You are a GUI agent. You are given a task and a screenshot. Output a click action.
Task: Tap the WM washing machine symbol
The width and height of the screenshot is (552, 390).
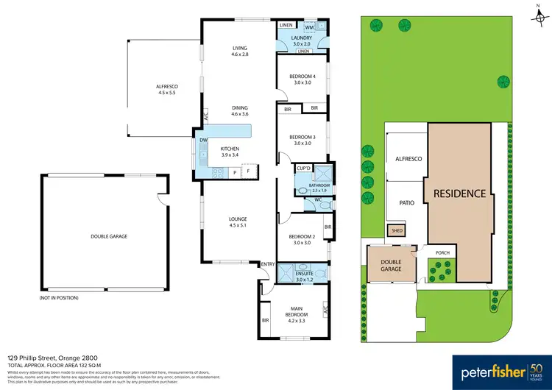309,26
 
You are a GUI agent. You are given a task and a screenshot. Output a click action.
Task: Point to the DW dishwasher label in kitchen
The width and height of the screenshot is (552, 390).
203,141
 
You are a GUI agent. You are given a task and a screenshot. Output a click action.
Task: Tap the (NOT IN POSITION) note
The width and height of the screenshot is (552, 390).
59,298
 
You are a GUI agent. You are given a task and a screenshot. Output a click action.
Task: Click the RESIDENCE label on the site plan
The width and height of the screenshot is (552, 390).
459,194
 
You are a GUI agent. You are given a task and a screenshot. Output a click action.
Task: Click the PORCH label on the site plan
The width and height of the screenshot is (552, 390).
442,252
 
